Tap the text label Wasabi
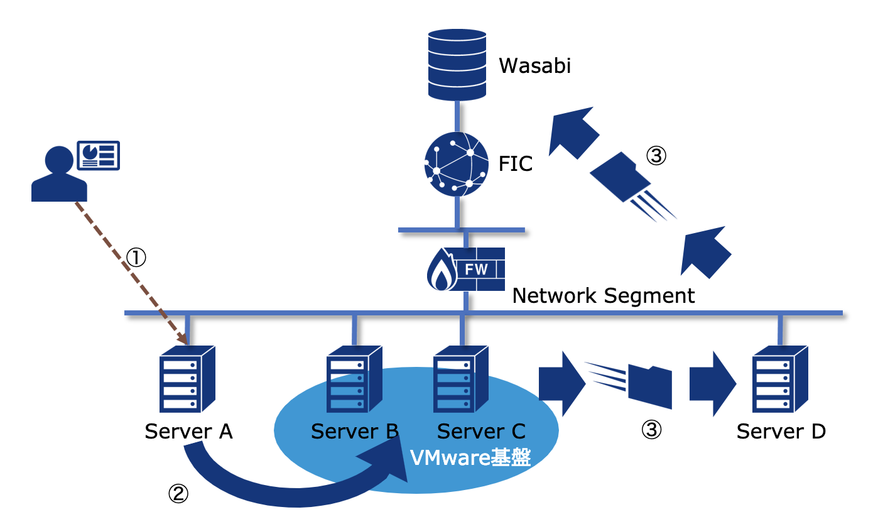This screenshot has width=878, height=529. click(x=535, y=65)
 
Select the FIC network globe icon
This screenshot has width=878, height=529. click(x=457, y=163)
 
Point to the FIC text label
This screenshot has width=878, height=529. click(x=515, y=164)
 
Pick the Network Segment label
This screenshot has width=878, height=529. click(x=604, y=295)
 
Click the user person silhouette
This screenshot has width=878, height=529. click(x=59, y=174)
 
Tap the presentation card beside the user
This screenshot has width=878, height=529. click(x=98, y=155)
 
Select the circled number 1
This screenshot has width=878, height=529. click(x=136, y=256)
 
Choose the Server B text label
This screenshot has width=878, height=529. click(x=355, y=432)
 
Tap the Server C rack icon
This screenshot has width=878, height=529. click(x=460, y=379)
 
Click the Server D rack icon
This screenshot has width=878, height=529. click(x=780, y=379)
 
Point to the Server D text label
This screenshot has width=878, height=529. click(x=781, y=432)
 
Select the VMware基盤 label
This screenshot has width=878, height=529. click(x=470, y=457)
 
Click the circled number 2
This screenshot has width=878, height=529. click(x=178, y=494)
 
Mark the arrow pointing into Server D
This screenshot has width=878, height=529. click(x=712, y=384)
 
